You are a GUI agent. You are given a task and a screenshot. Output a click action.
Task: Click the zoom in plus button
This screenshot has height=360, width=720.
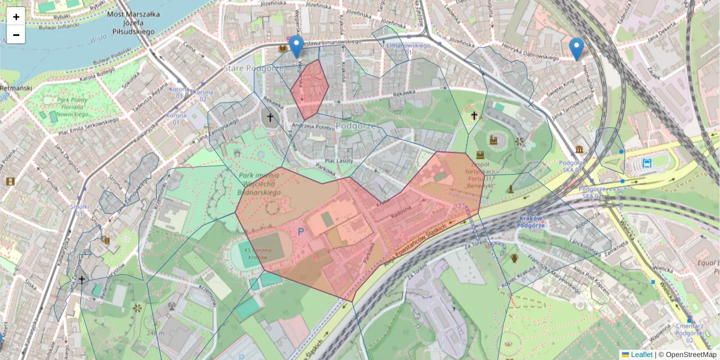click(16, 16)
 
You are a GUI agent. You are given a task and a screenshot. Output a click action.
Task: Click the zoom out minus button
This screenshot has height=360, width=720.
click(16, 35)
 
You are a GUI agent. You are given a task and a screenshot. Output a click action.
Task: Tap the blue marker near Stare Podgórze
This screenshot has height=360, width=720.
click(296, 46)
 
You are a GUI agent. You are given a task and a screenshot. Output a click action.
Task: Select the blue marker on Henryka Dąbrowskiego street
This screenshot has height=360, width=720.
click(577, 49)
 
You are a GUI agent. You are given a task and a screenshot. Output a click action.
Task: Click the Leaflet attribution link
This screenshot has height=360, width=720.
click(641, 355)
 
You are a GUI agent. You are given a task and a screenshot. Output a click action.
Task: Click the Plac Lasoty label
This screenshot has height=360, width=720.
click(338, 161)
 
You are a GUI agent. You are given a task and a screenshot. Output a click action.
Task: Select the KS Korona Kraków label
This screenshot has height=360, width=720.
click(257, 253)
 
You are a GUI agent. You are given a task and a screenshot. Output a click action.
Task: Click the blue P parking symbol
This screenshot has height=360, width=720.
click(301, 230)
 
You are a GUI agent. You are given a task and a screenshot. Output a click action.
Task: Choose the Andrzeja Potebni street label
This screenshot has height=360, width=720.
click(311, 127)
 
